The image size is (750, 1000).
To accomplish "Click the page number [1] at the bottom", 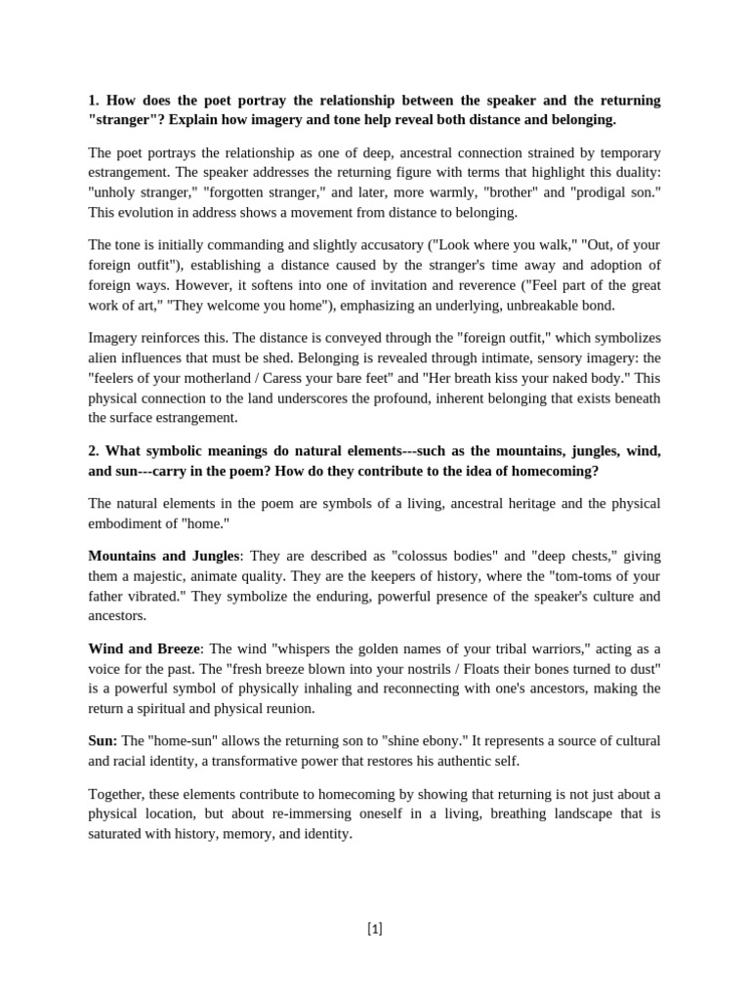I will pos(375,929).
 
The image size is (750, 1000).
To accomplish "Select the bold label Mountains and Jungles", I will pos(163,556).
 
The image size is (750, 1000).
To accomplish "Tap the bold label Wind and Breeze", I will pos(144,648).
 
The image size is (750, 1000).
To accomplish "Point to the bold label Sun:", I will pos(103,741).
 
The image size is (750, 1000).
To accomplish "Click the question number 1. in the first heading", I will pos(94,101).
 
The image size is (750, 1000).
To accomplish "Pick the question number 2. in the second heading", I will pos(94,450).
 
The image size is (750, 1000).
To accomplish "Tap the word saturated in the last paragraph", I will pos(119,834).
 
